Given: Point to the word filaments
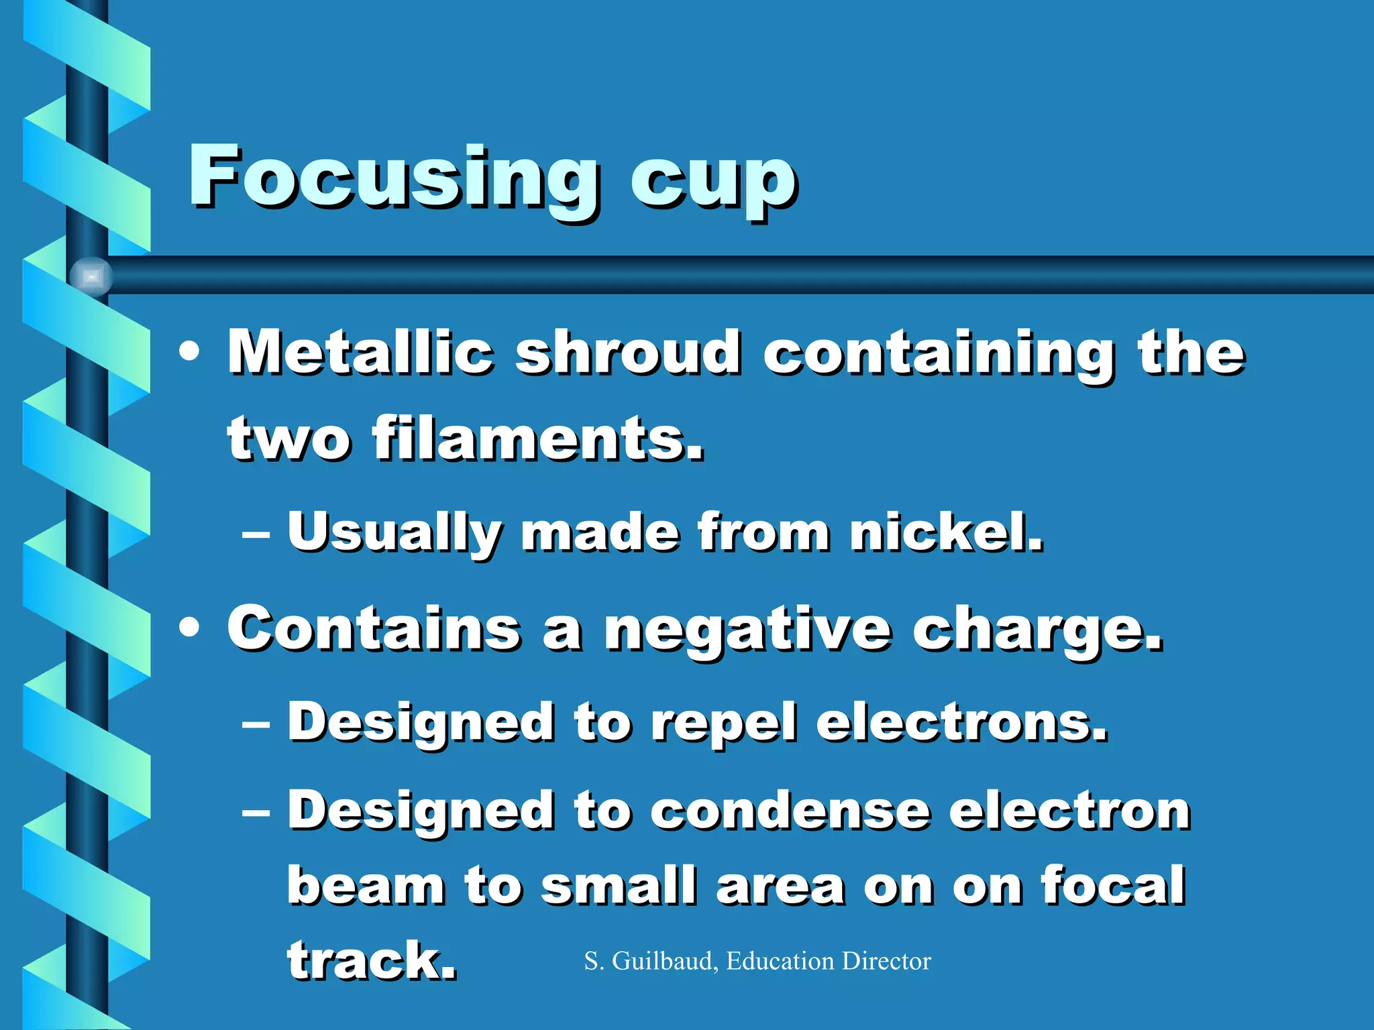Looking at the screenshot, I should tap(538, 439).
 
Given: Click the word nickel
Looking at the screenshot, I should tap(946, 532).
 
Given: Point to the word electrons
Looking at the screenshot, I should tap(961, 723).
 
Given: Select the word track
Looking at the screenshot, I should tap(371, 960).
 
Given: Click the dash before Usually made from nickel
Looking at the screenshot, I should tap(256, 534).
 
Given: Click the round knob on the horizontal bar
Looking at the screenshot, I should tap(91, 276).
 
